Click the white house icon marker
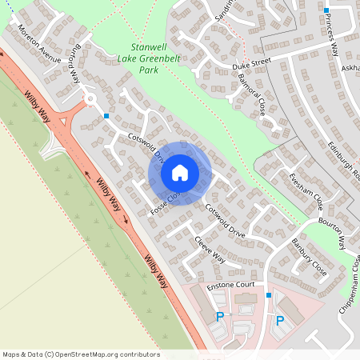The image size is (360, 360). tap(180, 172)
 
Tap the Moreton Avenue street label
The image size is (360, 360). tap(39, 49)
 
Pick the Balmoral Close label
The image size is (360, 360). tap(251, 94)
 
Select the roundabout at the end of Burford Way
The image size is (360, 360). tap(90, 100)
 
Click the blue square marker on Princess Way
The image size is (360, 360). tap(326, 10)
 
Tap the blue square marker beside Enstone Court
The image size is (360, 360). tap(269, 295)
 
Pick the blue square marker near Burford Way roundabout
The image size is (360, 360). tap(106, 115)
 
